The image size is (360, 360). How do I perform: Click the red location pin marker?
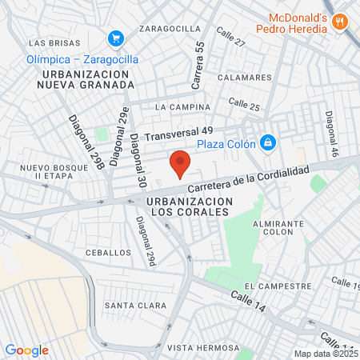point(180,163)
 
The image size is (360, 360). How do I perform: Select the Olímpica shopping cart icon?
point(116,38)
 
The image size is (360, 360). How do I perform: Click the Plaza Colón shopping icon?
point(268,143)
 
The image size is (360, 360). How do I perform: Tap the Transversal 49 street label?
point(179,130)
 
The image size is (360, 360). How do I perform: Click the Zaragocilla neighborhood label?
point(170,28)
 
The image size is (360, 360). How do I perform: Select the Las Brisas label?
point(54,42)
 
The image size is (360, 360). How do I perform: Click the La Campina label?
point(183,106)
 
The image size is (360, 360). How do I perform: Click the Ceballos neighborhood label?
point(108,252)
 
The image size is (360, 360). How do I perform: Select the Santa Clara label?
point(135,306)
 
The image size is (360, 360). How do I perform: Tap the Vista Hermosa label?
point(202,348)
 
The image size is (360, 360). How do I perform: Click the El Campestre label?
point(278,286)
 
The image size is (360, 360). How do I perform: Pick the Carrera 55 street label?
point(199,66)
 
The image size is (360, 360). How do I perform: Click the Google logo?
point(26,350)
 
